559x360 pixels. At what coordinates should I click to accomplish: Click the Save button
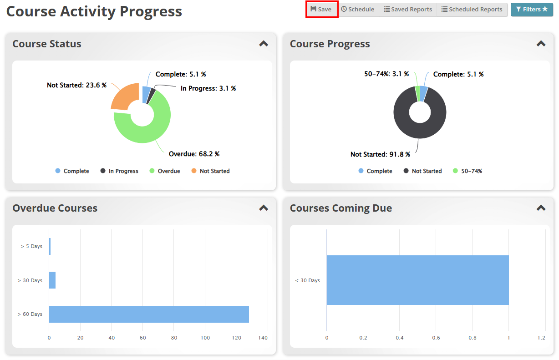pos(321,9)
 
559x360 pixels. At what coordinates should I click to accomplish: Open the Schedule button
pos(358,9)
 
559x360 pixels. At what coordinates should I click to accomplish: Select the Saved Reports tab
pos(408,9)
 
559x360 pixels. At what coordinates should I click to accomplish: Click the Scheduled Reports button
pos(472,9)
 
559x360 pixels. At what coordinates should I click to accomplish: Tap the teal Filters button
pos(532,9)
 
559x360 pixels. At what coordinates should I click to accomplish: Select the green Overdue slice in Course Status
pos(146,132)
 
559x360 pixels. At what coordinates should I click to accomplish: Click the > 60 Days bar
pos(149,314)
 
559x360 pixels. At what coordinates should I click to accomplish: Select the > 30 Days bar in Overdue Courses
pos(52,280)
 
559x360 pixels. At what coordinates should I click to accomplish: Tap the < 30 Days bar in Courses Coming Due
pos(417,280)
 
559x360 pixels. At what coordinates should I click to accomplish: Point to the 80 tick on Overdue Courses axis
pos(174,338)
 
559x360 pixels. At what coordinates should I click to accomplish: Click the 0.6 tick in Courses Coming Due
pos(436,338)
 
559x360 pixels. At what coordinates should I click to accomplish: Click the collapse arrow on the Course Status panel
pos(264,44)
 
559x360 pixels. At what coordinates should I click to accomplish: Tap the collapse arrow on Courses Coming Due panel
pos(541,208)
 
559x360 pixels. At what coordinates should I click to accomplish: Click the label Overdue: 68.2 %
pos(194,154)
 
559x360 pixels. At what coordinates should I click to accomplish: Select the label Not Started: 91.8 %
pos(380,154)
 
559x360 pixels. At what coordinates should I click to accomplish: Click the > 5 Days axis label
pos(31,246)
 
